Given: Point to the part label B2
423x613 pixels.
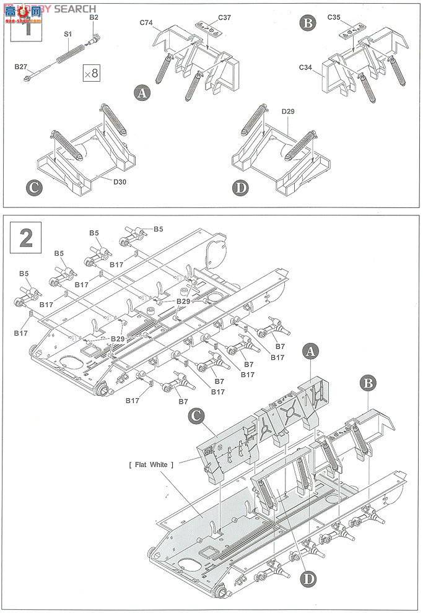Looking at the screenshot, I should tap(94, 17).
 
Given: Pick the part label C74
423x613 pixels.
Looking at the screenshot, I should tap(146, 22).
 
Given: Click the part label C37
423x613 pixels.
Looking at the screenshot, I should tap(224, 17).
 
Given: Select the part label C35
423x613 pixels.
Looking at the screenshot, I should tap(351, 19).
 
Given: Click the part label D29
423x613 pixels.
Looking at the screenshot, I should tap(288, 112).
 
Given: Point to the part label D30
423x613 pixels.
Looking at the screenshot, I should tap(120, 181).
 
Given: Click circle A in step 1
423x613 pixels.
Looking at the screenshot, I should tap(143, 93).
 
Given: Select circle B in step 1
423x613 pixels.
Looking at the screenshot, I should tap(307, 24).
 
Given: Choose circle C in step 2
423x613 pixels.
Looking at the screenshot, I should tap(196, 417).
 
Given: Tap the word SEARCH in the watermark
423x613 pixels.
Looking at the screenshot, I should tap(75, 9).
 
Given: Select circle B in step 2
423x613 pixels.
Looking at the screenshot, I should tap(368, 383).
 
